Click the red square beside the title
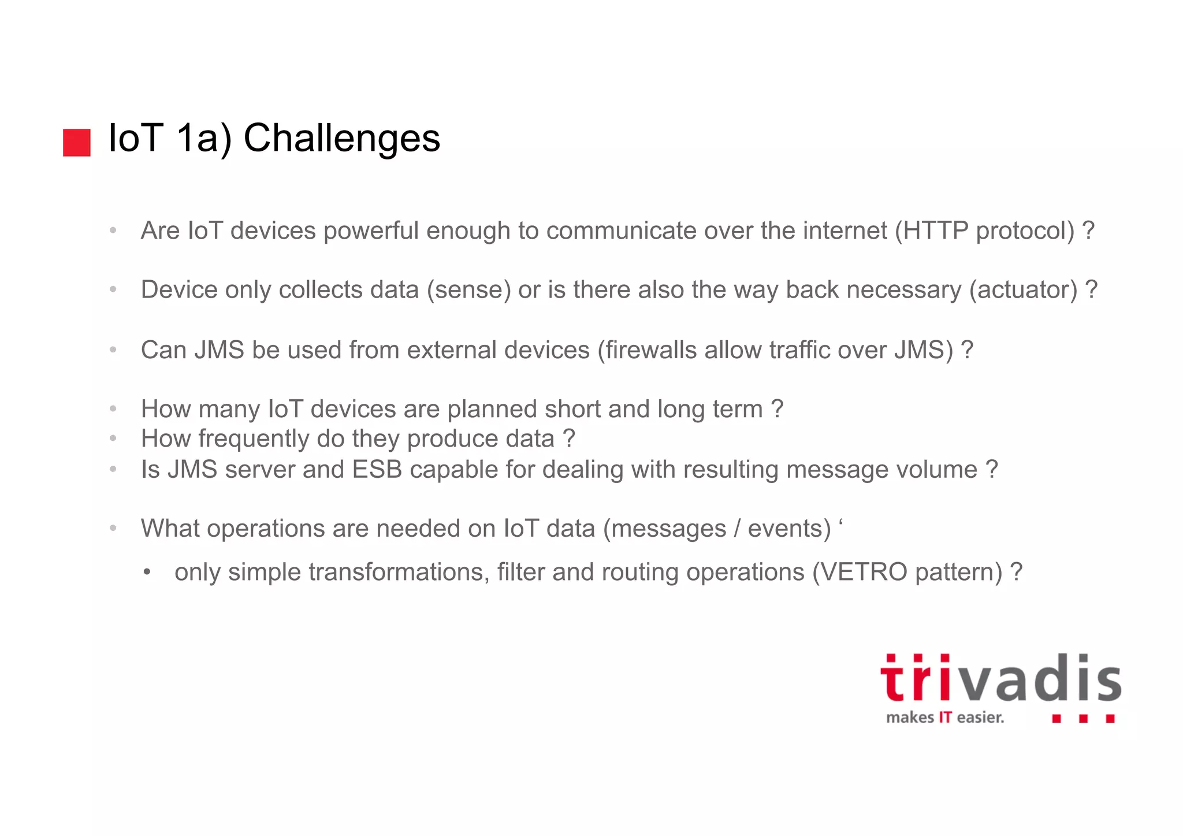(77, 143)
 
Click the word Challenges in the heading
(341, 139)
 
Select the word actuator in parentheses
(1023, 290)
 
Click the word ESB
(377, 469)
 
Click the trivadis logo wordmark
(1000, 679)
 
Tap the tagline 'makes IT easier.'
(945, 718)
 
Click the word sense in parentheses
(469, 290)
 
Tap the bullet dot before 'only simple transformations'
(147, 573)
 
